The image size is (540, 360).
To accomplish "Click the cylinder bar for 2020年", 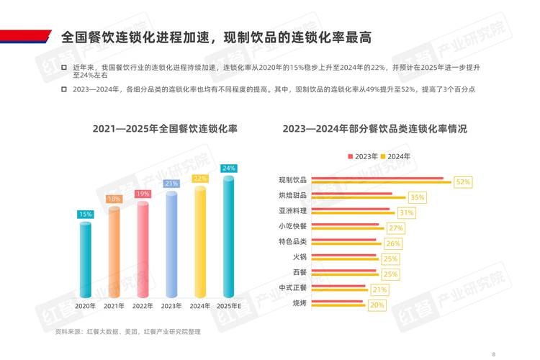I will (86, 259).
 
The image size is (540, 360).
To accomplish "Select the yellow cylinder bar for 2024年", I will (200, 241).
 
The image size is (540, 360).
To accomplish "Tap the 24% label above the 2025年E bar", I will (229, 168).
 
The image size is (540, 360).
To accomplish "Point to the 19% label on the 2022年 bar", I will (143, 194).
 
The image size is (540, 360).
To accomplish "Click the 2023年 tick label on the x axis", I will (171, 306).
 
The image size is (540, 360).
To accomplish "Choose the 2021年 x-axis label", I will (114, 306).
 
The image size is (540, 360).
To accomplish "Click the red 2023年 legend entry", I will (363, 156).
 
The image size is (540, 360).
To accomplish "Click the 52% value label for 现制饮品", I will (463, 183).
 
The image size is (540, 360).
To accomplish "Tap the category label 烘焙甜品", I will (293, 195).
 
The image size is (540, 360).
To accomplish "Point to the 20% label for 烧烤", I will (377, 305).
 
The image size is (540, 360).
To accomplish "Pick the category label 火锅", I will (300, 256).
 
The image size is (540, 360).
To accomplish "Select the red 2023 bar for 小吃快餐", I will (348, 225).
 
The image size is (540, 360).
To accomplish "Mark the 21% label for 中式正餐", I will (380, 290).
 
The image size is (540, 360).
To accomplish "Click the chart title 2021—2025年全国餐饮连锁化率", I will (165, 130).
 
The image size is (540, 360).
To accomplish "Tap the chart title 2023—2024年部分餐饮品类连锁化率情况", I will (374, 130).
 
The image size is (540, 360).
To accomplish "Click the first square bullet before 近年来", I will (63, 67).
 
